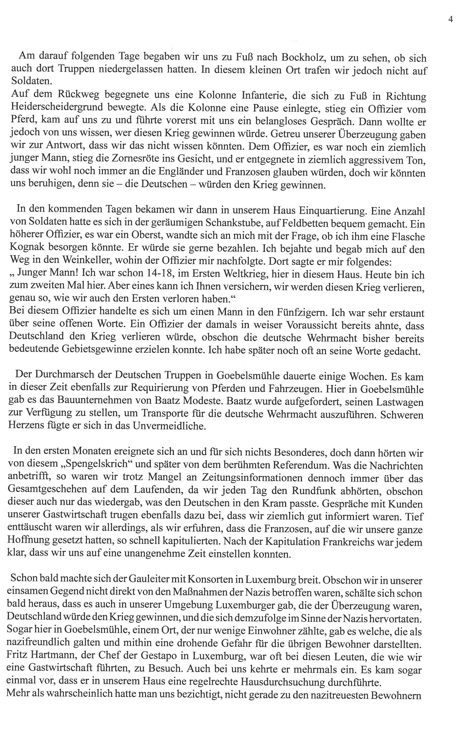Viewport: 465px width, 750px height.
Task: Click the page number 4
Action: click(450, 19)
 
